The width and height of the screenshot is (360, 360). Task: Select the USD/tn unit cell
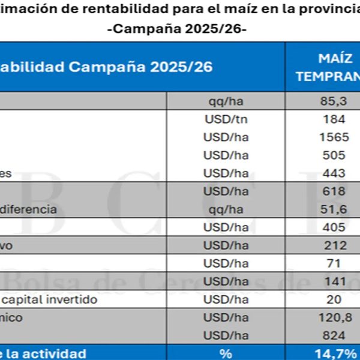[x=226, y=119]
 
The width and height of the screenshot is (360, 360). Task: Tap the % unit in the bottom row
[x=226, y=353]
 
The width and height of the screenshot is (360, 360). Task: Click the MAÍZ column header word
[x=334, y=58]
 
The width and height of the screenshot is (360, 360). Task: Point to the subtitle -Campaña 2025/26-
[x=180, y=28]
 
